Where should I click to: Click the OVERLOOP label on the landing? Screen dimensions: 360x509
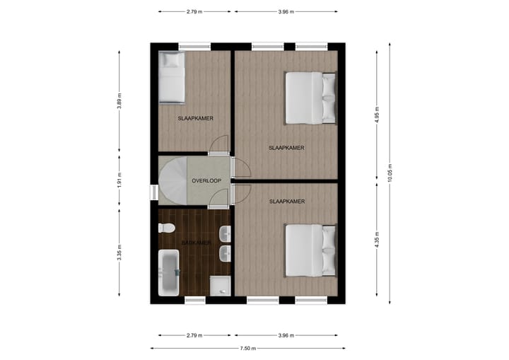[207, 181]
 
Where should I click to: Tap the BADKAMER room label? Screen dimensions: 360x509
[196, 243]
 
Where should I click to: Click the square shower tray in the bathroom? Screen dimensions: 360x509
[220, 286]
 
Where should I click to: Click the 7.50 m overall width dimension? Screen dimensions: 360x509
[247, 348]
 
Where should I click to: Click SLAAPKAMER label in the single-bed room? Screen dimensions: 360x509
[196, 118]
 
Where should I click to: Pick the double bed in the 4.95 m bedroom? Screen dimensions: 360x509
[310, 98]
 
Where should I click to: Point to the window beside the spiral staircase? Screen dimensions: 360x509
[153, 192]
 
